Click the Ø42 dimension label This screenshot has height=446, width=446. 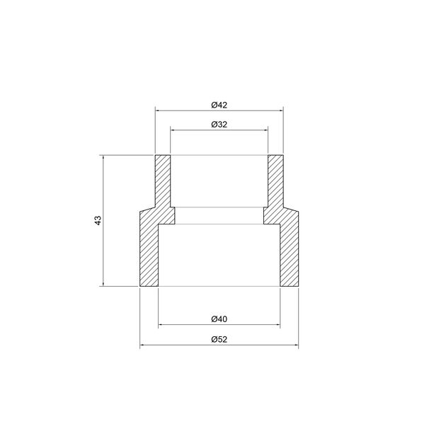point(219,105)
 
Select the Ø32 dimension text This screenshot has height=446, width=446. point(219,125)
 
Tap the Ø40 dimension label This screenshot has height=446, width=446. point(219,319)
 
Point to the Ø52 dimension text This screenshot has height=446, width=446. point(219,339)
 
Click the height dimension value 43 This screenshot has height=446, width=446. point(98,220)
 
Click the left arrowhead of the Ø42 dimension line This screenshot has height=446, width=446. point(157,110)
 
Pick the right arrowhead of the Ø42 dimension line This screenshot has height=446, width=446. point(281,110)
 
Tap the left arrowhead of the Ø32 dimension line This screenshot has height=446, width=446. point(172,130)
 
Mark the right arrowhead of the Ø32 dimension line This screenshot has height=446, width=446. point(266,130)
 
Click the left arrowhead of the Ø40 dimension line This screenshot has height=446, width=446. point(161,324)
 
